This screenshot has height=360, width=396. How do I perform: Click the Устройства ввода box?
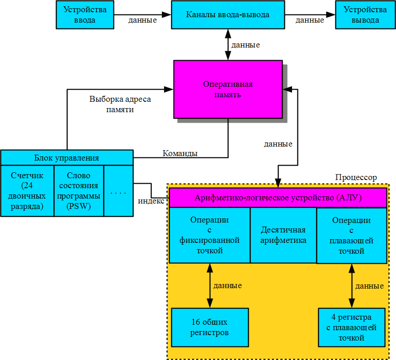85,14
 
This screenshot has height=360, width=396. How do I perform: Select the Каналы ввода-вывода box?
228,14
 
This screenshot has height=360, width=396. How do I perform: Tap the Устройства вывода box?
365,14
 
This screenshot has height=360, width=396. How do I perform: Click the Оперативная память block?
228,89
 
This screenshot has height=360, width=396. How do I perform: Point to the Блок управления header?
67,158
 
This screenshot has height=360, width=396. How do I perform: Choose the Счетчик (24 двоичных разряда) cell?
27,191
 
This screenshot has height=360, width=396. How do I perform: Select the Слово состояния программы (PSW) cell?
79,191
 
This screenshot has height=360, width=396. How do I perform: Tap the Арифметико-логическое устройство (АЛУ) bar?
278,198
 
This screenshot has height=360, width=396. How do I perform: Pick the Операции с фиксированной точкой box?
210,235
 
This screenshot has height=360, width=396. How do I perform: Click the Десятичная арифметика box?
283,235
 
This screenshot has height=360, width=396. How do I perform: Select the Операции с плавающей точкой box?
352,236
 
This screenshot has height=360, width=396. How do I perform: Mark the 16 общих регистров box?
210,327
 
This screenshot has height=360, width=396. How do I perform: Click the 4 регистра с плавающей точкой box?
352,327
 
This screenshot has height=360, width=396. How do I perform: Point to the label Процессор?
356,177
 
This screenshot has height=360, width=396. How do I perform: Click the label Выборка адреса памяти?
120,104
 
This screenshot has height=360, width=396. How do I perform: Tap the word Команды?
180,153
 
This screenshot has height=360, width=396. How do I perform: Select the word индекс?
151,201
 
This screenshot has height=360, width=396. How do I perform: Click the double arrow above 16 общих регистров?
210,285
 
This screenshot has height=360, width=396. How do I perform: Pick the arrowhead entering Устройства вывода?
330,14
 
